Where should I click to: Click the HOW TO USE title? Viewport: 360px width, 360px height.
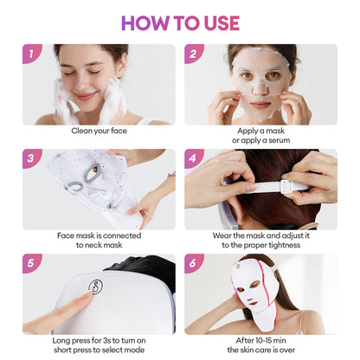pyautogui.click(x=179, y=22)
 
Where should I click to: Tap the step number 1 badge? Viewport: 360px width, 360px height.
pyautogui.click(x=32, y=55)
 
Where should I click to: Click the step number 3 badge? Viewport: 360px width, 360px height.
pyautogui.click(x=32, y=159)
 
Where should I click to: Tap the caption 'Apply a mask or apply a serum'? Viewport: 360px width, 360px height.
pyautogui.click(x=260, y=137)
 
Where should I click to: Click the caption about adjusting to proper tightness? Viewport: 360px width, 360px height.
pyautogui.click(x=260, y=240)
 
